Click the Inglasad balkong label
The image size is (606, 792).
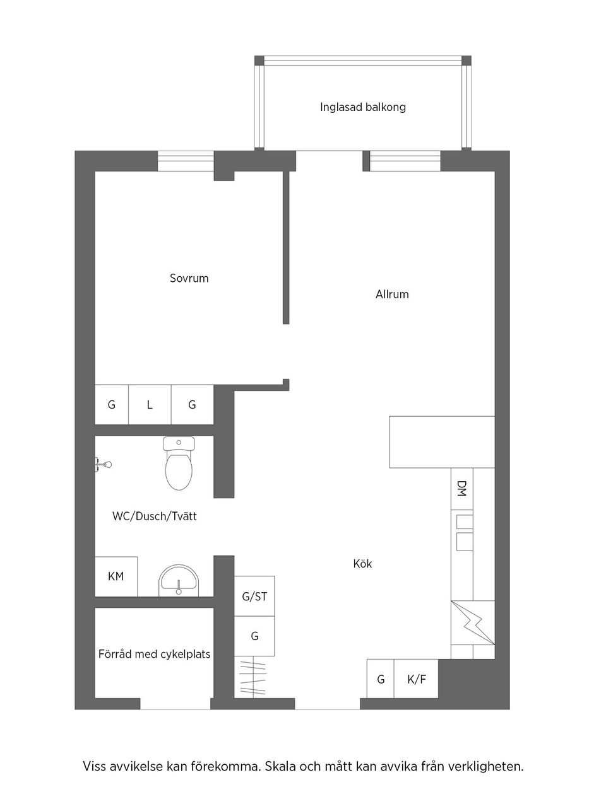pos(362,107)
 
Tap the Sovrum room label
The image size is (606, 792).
pos(189,278)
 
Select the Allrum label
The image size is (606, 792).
pos(392,294)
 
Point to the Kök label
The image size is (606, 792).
pos(362,564)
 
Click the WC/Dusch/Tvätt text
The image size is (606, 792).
pos(154,516)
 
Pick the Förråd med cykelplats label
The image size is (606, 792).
pos(154,654)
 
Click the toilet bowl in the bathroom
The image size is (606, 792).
pos(180,470)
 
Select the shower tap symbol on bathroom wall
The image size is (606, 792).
pos(104,465)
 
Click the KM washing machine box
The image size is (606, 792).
pos(116,576)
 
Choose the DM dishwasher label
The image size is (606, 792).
pos(461,489)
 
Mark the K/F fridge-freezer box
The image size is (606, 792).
pos(416,679)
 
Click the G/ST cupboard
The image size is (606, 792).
pos(254,596)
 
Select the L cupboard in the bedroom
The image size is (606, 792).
pos(150,405)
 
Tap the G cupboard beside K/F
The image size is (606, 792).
pos(381,679)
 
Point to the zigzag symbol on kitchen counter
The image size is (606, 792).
pos(472,622)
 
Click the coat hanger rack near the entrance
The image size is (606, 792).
pos(254,677)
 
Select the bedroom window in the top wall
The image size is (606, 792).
pos(186,161)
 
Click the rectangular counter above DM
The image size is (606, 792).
pos(441,441)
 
